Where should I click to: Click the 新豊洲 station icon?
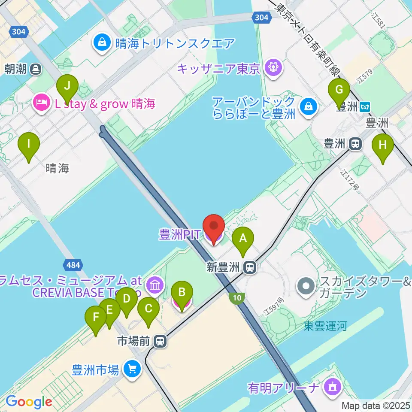(248, 268)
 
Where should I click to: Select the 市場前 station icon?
(160, 341)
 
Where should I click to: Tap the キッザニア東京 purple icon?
(272, 68)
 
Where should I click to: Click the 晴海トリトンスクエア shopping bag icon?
(102, 43)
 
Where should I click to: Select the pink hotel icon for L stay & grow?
(41, 103)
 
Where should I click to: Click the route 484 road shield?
(73, 265)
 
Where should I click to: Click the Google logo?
(29, 401)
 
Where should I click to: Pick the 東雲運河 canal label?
(325, 326)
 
